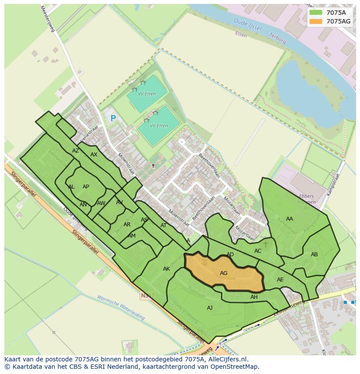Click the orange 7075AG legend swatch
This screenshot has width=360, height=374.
316,21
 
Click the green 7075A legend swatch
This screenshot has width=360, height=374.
316,13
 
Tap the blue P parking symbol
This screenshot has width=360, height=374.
113,118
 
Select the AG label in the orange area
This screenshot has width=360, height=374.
224,273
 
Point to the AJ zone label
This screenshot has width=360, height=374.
210,308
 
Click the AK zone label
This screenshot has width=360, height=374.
167,269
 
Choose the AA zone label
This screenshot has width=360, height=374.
290,219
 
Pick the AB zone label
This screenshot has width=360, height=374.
314,255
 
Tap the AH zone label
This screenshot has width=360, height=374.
254,297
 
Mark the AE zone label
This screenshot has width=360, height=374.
280,280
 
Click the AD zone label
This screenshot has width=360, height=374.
230,255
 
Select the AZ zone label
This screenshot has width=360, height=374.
76,151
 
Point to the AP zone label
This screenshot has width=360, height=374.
86,187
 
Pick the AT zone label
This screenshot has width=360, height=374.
163,225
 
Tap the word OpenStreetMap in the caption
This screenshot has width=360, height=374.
235,367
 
